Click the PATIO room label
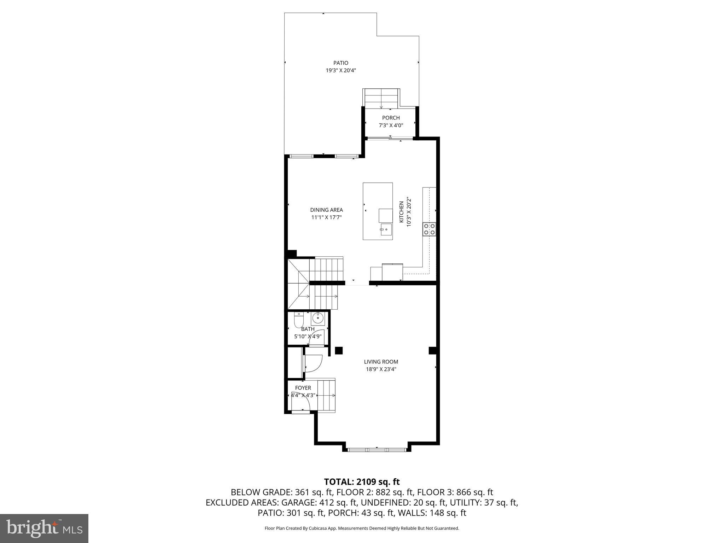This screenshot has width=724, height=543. click(340, 63)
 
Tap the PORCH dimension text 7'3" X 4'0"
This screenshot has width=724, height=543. click(391, 125)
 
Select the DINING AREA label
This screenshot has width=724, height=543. click(326, 210)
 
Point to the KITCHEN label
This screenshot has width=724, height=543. click(401, 212)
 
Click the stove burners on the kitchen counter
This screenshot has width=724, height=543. click(430, 229)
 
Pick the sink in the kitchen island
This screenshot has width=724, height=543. click(386, 230)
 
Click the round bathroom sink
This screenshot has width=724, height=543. click(318, 318)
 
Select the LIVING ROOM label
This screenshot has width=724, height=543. click(381, 362)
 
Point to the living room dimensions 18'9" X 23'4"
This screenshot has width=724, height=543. click(381, 369)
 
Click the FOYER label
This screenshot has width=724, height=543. click(303, 388)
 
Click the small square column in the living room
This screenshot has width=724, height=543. click(339, 350)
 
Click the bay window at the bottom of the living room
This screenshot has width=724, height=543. click(376, 450)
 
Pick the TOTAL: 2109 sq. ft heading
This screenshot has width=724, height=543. click(362, 482)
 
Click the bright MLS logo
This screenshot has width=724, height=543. click(44, 528)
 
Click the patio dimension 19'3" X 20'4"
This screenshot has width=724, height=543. click(340, 70)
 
